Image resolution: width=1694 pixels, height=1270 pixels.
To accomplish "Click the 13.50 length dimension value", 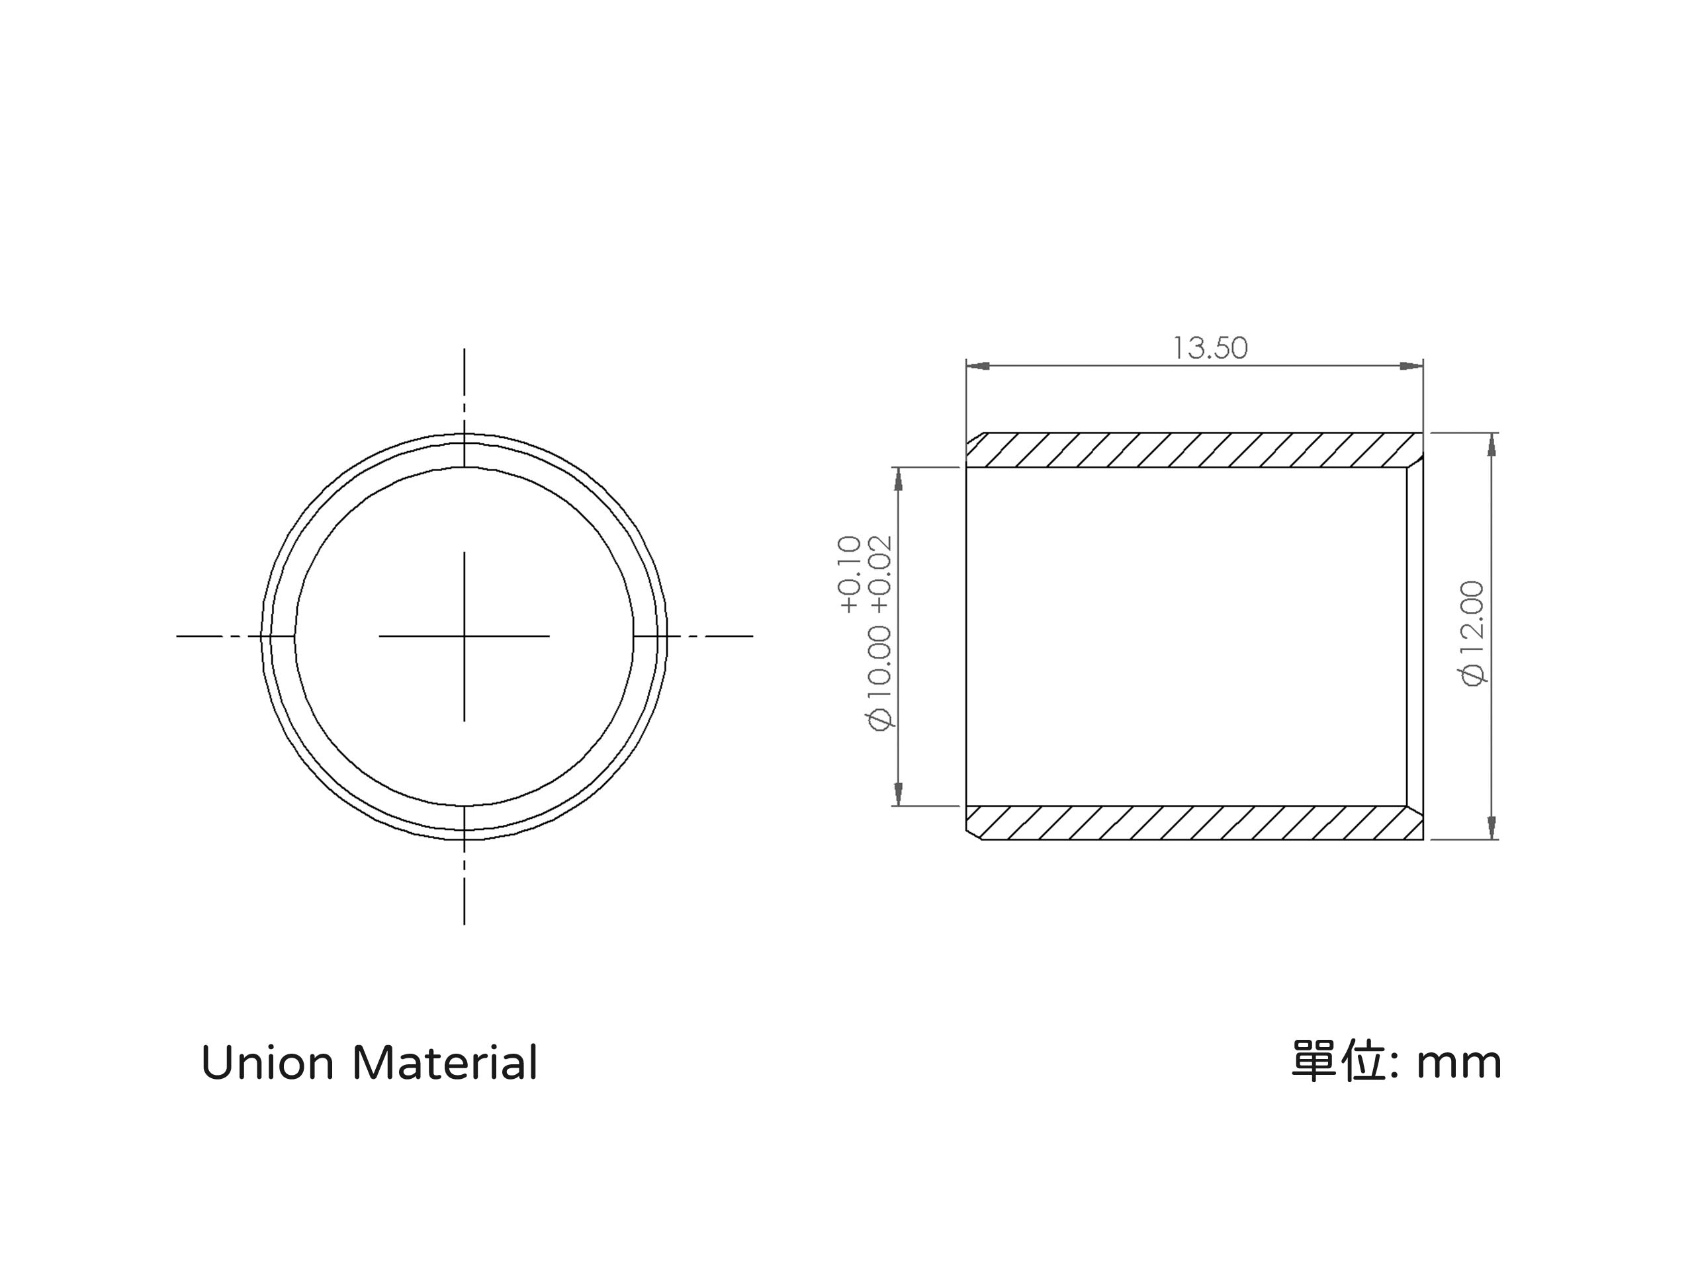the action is pyautogui.click(x=1210, y=349).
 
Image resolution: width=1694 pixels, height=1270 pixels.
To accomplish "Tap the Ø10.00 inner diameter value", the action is pyautogui.click(x=880, y=677).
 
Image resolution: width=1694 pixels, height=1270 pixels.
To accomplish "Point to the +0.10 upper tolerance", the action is pyautogui.click(x=850, y=574).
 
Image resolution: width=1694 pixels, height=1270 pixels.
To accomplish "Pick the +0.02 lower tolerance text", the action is pyautogui.click(x=881, y=574).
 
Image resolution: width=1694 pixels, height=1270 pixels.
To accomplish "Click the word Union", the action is pyautogui.click(x=267, y=1064).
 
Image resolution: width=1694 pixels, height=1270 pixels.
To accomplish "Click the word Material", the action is pyautogui.click(x=445, y=1064).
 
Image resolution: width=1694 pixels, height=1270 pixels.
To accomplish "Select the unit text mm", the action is pyautogui.click(x=1459, y=1065).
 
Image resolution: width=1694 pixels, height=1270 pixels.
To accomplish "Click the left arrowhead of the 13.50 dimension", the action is pyautogui.click(x=977, y=366).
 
